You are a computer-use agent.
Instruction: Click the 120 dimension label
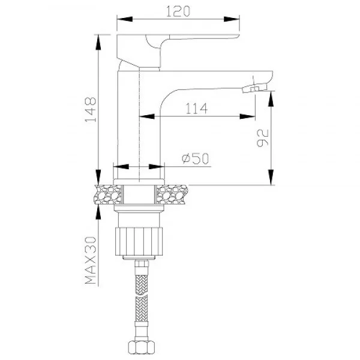tap(178, 11)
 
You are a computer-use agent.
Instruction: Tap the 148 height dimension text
tap(91, 110)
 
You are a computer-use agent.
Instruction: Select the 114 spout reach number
tap(196, 109)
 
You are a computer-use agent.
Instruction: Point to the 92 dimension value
tap(262, 138)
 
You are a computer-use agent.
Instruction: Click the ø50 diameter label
tap(196, 158)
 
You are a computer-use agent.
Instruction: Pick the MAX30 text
tap(91, 260)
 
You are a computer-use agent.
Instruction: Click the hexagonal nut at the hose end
tap(142, 347)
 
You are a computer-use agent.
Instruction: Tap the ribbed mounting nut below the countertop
tap(139, 241)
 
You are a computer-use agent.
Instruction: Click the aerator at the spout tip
tap(255, 88)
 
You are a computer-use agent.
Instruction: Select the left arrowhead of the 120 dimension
tap(125, 19)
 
